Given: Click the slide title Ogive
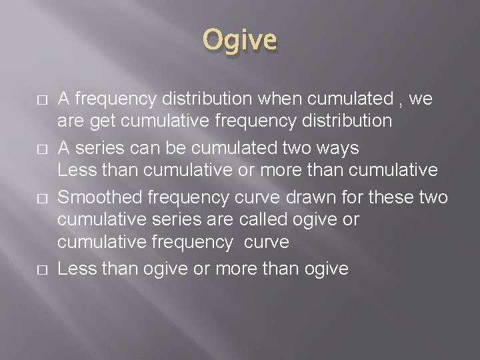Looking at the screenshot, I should click(240, 40).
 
